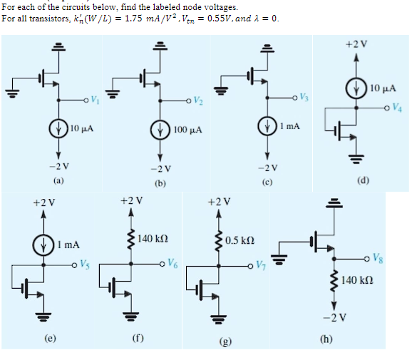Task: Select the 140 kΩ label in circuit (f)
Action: point(153,237)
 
